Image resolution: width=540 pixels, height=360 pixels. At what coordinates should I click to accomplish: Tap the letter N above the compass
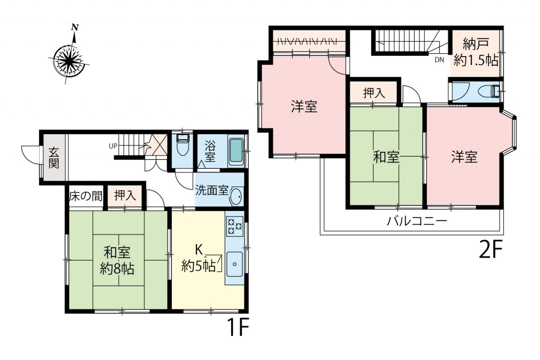pyautogui.click(x=75, y=27)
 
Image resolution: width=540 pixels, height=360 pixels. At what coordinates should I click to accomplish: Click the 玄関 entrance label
pyautogui.click(x=54, y=158)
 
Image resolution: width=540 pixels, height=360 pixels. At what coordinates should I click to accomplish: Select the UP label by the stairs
pyautogui.click(x=113, y=146)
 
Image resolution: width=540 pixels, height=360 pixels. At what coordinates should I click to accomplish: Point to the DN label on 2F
pyautogui.click(x=439, y=60)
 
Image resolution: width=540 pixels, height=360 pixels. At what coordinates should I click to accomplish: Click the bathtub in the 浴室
pyautogui.click(x=236, y=151)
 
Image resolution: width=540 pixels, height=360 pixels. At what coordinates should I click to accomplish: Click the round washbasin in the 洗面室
pyautogui.click(x=236, y=196)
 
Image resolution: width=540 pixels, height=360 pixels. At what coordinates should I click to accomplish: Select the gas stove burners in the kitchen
pyautogui.click(x=235, y=226)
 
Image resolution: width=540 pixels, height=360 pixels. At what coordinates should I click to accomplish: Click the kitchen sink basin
pyautogui.click(x=234, y=264)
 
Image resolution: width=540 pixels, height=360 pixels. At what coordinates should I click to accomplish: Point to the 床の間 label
pyautogui.click(x=86, y=196)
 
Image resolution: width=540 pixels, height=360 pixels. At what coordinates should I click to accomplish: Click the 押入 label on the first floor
pyautogui.click(x=125, y=195)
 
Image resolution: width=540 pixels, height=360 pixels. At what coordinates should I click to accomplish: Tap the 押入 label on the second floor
pyautogui.click(x=374, y=93)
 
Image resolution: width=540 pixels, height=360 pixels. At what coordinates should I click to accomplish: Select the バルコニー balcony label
pyautogui.click(x=417, y=221)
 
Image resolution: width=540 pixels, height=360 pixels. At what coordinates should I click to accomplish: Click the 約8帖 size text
pyautogui.click(x=117, y=268)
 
